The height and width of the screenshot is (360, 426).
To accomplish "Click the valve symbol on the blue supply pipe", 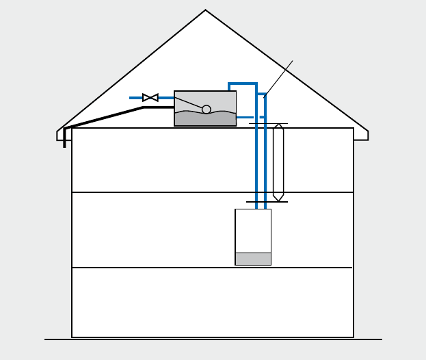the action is click(150, 98).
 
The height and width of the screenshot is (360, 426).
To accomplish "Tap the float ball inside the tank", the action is click(207, 110).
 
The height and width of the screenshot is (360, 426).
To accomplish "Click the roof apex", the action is click(205, 10).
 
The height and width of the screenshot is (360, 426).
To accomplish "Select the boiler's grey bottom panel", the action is click(253, 259).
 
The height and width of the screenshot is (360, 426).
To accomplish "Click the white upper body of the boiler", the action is click(253, 230).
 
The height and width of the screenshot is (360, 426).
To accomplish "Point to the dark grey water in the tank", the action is click(205, 119).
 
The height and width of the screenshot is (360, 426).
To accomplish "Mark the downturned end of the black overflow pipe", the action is click(64, 142).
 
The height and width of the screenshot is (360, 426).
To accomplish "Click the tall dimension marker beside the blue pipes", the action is click(278, 162).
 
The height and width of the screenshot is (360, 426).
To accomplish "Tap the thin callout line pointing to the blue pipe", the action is click(279, 78).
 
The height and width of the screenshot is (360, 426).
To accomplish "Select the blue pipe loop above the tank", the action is click(243, 83).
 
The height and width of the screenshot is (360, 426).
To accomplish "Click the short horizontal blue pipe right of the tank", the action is click(245, 117).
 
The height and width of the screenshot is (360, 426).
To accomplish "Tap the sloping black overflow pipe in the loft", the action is click(103, 117).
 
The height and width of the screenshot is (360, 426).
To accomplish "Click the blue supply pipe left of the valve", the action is click(135, 98).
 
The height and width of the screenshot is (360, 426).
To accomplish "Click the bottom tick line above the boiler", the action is click(267, 202).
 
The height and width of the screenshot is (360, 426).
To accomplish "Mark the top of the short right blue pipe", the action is click(263, 94).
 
